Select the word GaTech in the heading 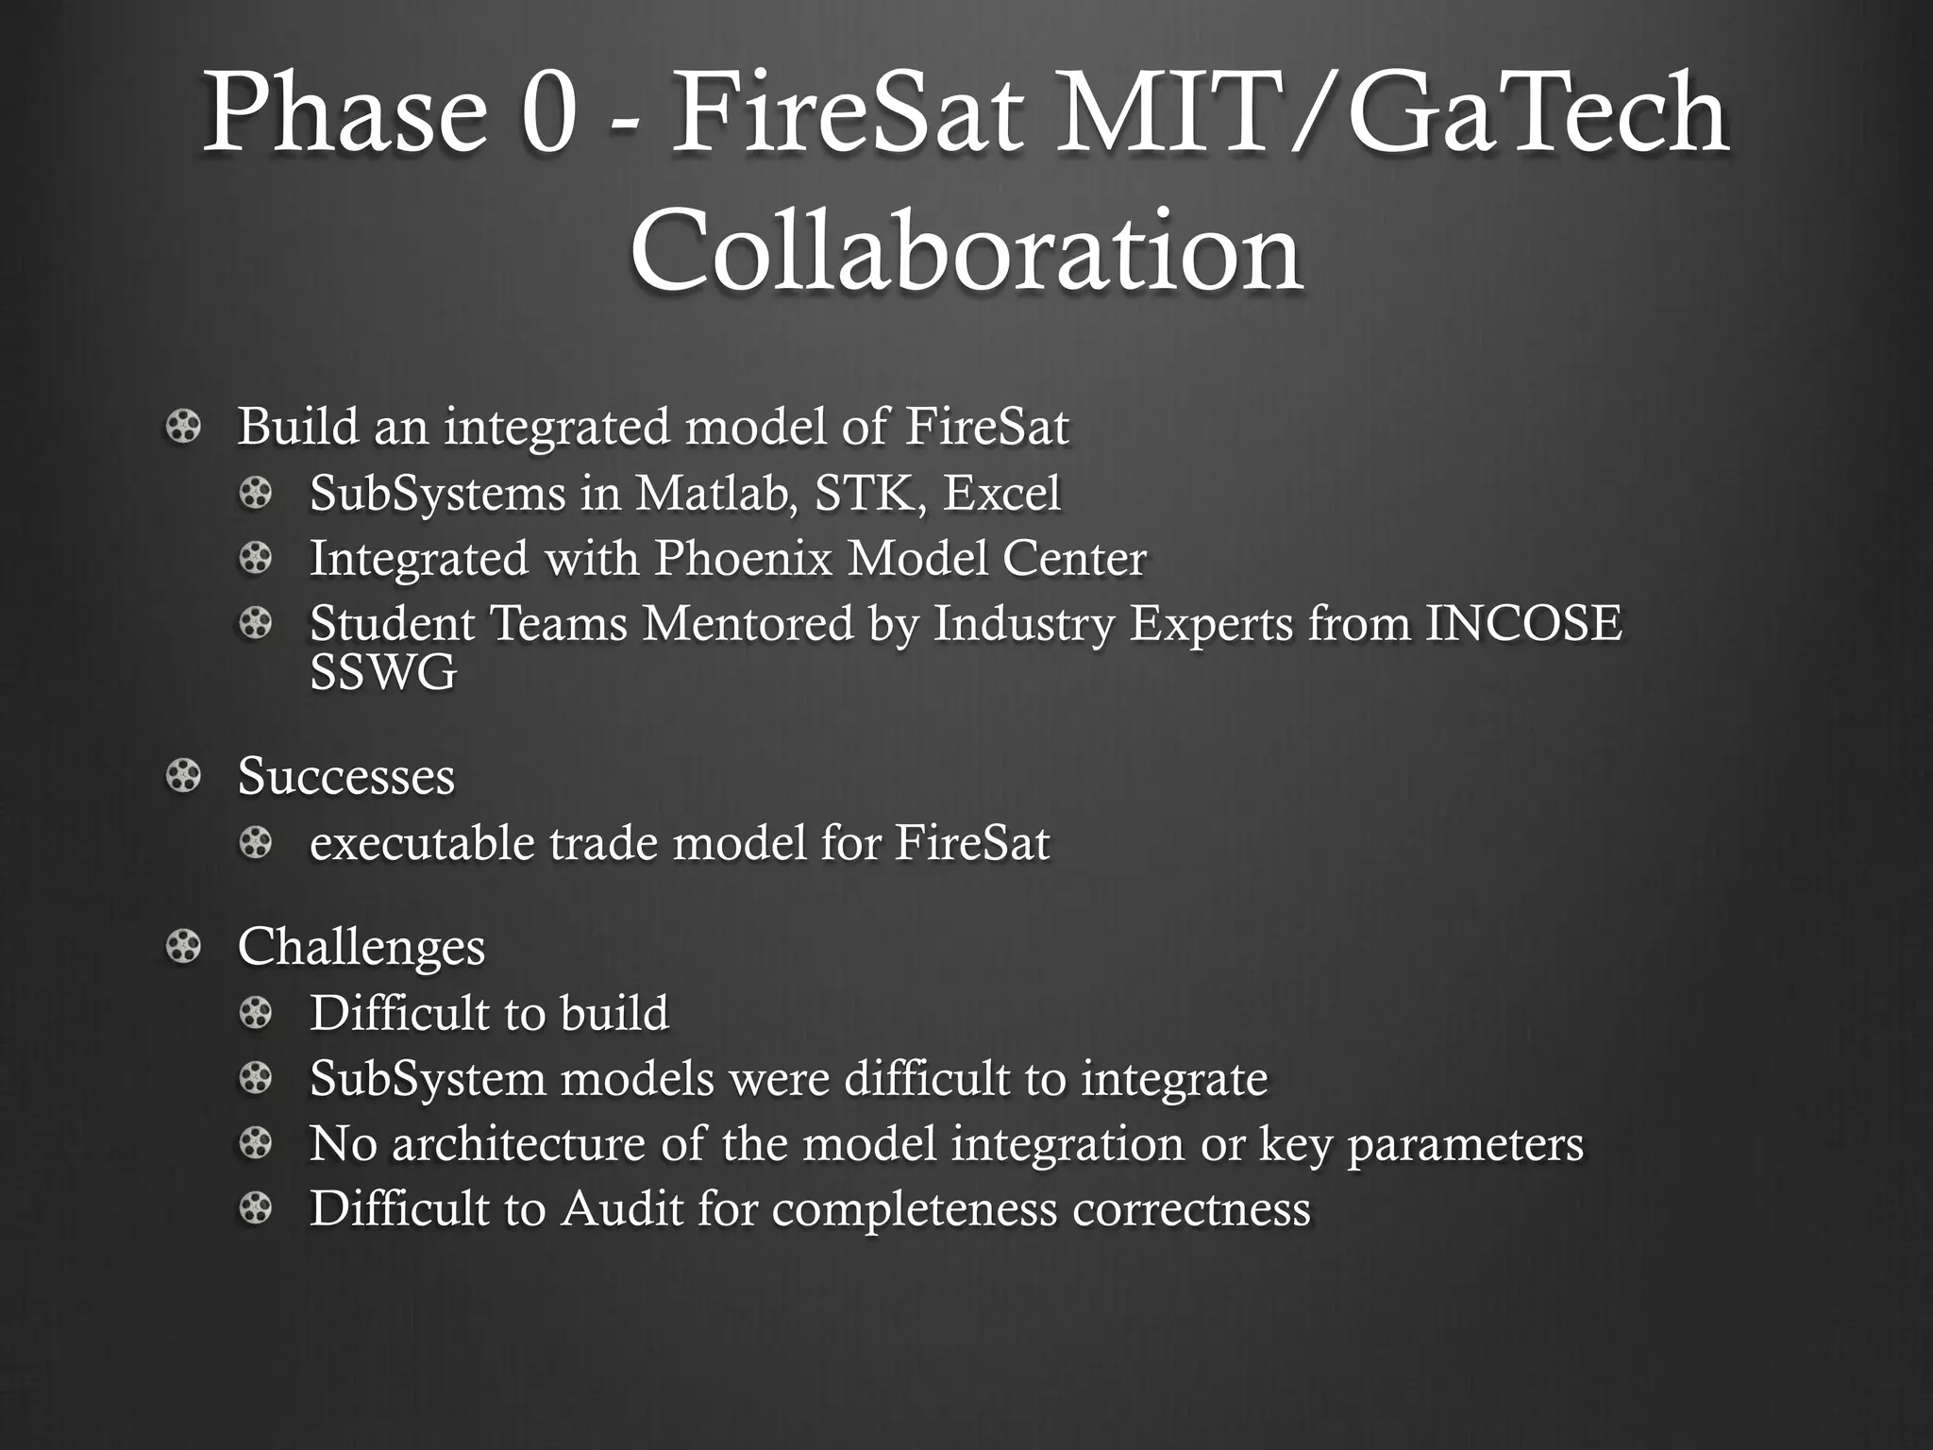pos(1538,118)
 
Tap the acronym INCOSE pos(1522,624)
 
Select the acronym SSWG pos(383,673)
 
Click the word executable pos(422,843)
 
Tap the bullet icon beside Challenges pos(183,947)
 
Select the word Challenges pos(361,947)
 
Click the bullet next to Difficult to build pos(255,1014)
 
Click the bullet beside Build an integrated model pos(183,428)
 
